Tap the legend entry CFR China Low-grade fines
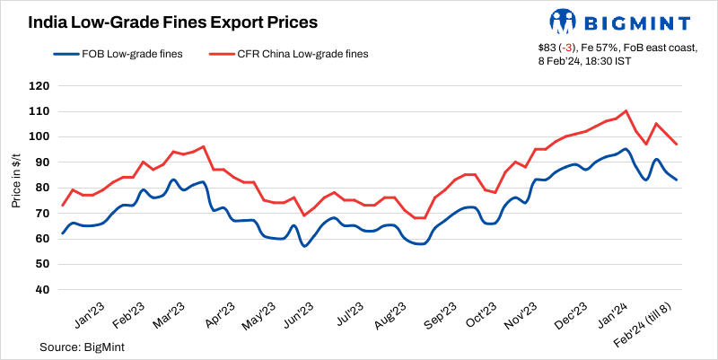coord(295,54)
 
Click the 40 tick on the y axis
coord(41,290)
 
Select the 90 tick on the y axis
coord(41,162)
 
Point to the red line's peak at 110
coord(625,111)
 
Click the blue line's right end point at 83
coord(677,180)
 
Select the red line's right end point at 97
coord(677,145)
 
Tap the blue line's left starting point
coord(62,233)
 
